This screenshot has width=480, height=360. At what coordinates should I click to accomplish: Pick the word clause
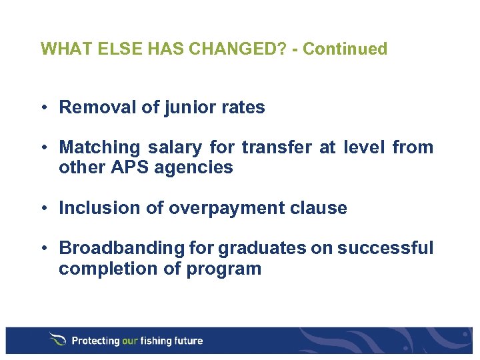pos(320,208)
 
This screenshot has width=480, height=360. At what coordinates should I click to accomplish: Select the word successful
pos(385,248)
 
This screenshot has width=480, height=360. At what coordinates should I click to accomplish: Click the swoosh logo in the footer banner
pos(57,340)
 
